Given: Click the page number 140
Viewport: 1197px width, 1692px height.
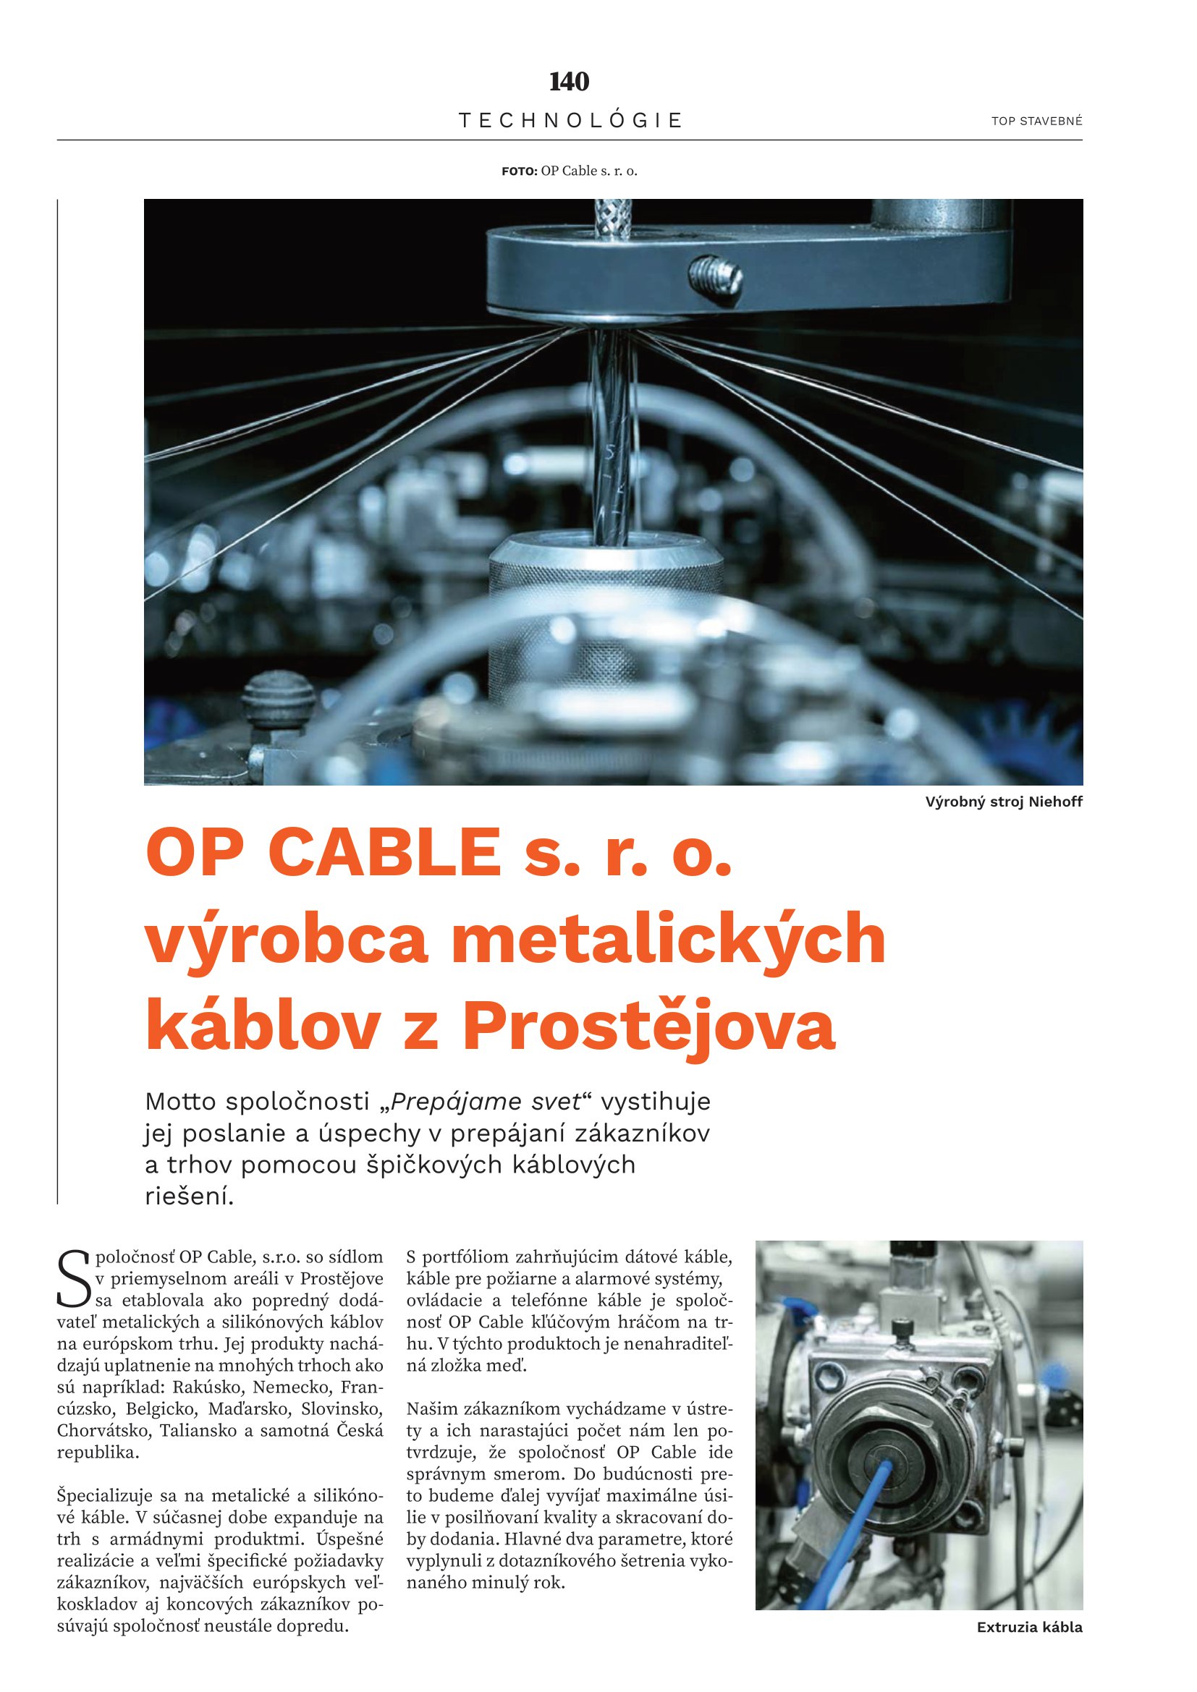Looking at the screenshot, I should (569, 82).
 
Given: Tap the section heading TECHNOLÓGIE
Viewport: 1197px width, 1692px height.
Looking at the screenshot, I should (570, 120).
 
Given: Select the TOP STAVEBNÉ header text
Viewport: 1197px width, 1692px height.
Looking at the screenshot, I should (1036, 122).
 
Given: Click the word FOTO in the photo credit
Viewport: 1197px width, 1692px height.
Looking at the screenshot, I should (520, 171).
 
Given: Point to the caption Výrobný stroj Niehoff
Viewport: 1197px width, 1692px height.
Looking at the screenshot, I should (1004, 802).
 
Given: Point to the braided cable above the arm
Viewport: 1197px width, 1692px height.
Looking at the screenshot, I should (610, 219).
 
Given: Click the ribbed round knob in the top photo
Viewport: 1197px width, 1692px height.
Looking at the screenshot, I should (278, 698).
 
